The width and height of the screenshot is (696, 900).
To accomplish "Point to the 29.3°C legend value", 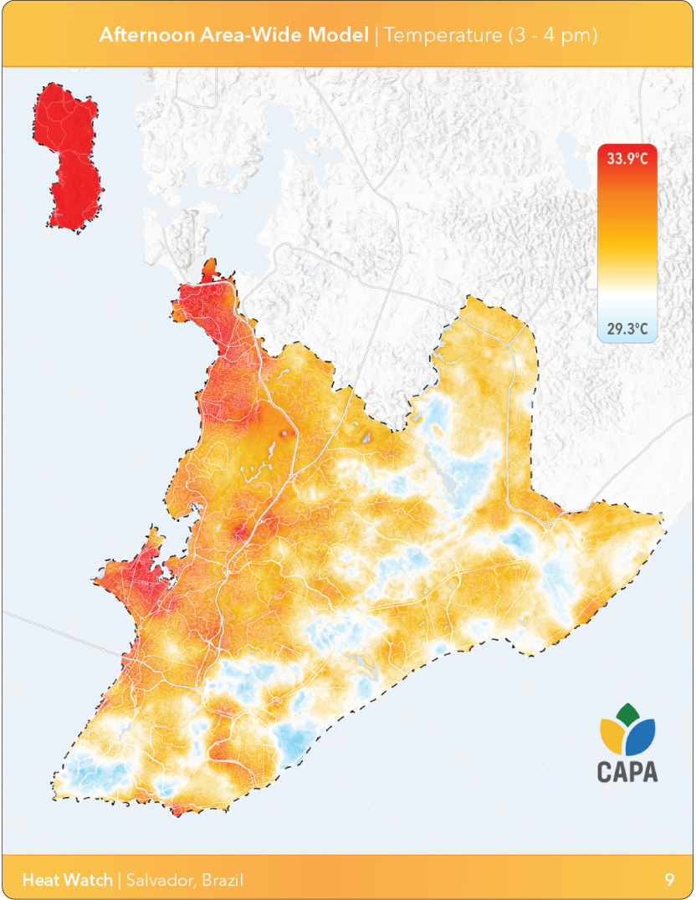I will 627,329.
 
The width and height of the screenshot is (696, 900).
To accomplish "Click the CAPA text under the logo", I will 627,771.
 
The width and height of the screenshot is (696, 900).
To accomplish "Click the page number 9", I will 670,880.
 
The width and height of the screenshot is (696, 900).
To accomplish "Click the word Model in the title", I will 342,35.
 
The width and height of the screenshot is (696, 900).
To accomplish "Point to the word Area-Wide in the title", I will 251,35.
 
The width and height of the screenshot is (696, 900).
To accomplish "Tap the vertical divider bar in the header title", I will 376,35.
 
